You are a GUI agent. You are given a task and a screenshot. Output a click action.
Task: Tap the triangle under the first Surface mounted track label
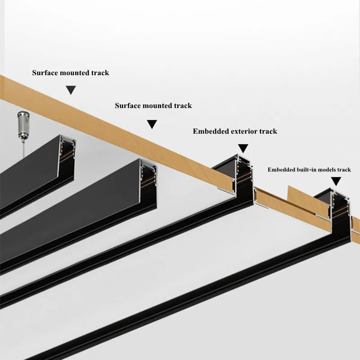(71, 90)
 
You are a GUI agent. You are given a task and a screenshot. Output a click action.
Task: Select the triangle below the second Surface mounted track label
(152, 124)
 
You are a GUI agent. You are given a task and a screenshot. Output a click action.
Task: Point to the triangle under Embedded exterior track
(243, 148)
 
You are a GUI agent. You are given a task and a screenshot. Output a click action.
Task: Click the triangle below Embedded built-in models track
(336, 181)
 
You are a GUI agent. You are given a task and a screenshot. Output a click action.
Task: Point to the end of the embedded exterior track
(242, 178)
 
